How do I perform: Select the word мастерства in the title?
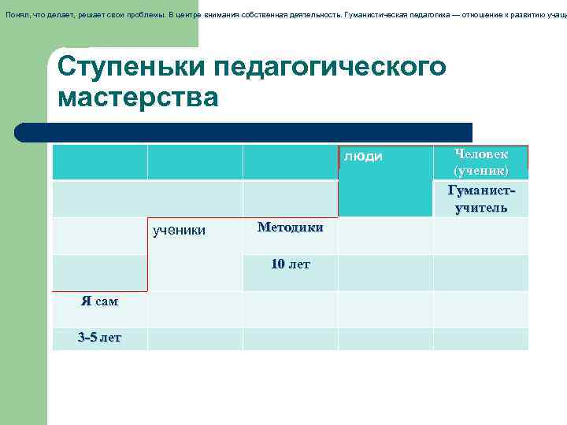(138, 98)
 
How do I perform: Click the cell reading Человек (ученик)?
(480, 162)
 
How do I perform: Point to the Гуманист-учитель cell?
(480, 199)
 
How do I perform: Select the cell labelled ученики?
(179, 231)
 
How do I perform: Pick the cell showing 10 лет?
(290, 264)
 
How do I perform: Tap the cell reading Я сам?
(99, 301)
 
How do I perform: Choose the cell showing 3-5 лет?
(99, 338)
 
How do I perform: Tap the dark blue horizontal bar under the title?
(244, 132)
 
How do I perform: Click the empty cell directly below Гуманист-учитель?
(480, 236)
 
